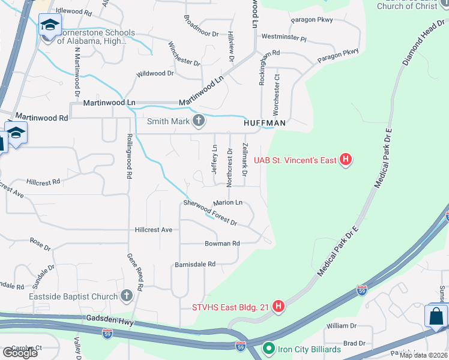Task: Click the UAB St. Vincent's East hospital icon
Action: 345,160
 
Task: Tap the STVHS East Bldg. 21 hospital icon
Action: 279,308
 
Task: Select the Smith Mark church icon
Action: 198,122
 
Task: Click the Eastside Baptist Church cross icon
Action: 126,296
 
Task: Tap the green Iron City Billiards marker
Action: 268,349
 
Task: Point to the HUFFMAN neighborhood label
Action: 264,123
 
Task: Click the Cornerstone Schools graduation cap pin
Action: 50,26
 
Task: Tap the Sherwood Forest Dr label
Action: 210,213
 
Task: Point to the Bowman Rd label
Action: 222,243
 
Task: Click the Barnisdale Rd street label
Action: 194,263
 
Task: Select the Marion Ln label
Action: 228,202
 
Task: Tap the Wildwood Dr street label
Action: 155,73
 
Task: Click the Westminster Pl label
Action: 284,38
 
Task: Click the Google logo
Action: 20,352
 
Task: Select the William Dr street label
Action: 341,326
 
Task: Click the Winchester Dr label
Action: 184,54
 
